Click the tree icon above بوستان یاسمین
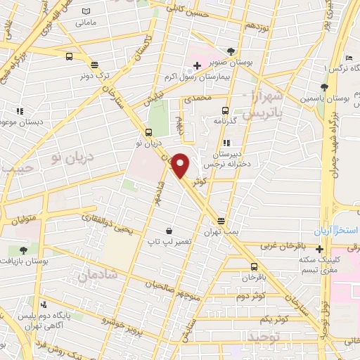point(324,88)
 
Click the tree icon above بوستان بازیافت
point(23,250)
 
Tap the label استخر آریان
point(337,231)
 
